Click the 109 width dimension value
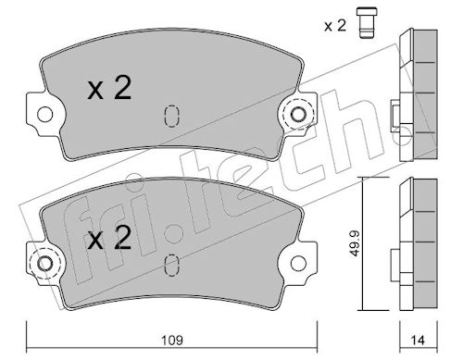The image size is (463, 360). (172, 341)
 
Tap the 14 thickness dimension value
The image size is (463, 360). (418, 341)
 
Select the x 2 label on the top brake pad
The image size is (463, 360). (109, 88)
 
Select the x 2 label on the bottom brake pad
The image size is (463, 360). (109, 238)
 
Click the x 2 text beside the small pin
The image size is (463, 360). (335, 26)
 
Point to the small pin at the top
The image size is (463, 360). (367, 23)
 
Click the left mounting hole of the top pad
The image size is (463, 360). (45, 115)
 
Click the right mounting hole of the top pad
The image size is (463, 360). (298, 115)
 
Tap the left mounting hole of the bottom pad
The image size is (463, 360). (45, 264)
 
